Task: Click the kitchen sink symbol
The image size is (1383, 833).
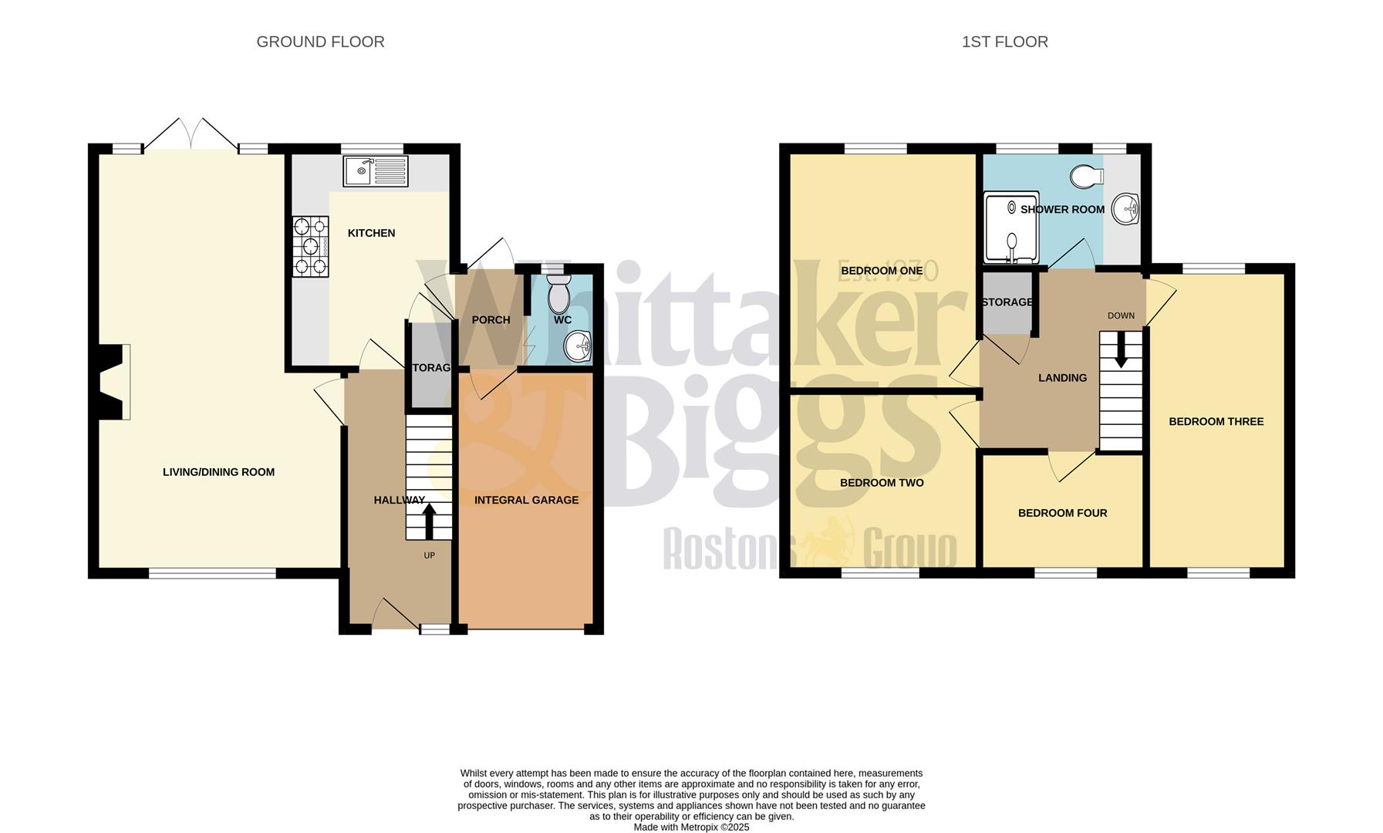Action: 376,171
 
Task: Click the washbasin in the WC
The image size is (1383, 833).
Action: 578,346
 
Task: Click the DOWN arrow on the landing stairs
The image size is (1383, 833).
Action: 1120,350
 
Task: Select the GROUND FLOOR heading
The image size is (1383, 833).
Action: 320,42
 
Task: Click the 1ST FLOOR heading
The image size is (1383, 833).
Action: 1004,42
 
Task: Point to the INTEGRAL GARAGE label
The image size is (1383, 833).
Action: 526,500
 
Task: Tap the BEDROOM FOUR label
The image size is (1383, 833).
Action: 1062,513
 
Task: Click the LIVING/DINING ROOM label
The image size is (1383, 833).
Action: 218,472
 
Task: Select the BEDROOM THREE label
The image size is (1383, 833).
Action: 1216,421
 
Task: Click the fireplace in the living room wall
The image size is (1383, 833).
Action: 113,382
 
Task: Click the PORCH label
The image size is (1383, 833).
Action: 491,320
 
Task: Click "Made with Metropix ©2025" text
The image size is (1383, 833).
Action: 691,827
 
